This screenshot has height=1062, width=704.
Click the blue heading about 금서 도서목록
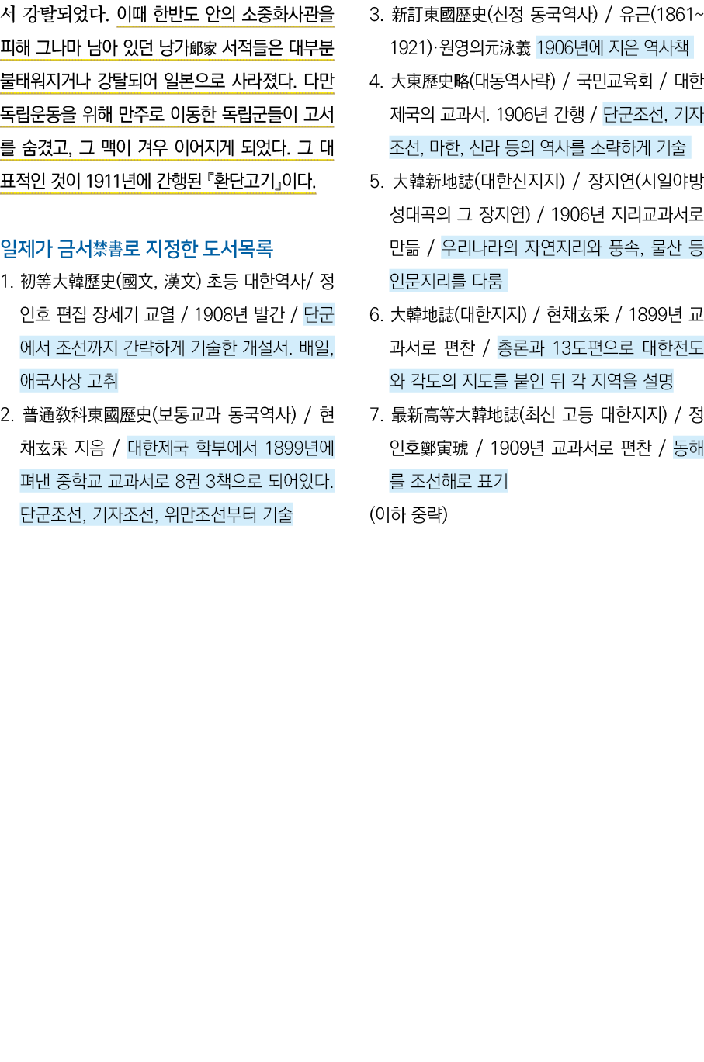point(137,248)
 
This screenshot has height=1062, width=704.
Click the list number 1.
point(7,282)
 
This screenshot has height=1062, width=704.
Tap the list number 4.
point(376,81)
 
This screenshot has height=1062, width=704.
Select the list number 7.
point(376,415)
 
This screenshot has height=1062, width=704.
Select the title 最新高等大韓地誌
point(455,415)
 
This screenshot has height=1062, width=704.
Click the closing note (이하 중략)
point(408,514)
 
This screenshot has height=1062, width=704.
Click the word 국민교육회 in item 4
point(614,81)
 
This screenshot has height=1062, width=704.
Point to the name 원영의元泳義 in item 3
point(484,48)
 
